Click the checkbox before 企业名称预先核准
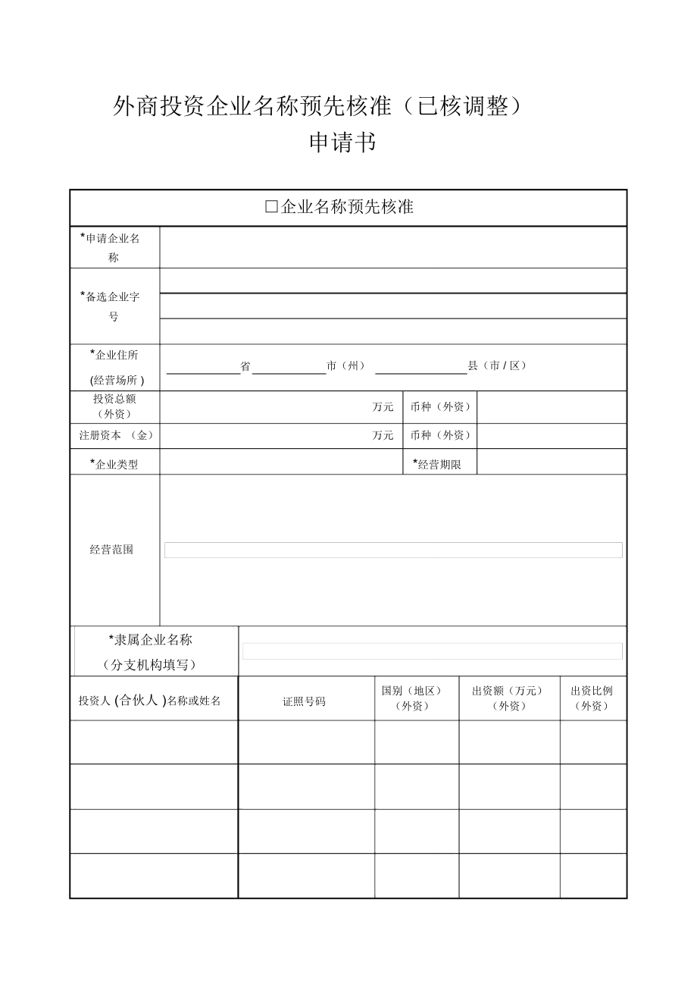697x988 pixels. [272, 207]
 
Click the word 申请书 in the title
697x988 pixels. [342, 143]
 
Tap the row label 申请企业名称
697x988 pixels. [113, 247]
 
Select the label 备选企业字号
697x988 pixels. [113, 306]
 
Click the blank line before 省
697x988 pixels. [203, 367]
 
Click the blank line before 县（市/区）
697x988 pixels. [421, 367]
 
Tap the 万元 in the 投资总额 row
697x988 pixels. [383, 407]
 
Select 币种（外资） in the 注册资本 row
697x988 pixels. [440, 435]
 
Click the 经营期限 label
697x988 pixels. [438, 464]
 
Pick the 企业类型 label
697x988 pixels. [115, 464]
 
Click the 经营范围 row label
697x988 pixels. [111, 550]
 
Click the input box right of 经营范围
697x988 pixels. [393, 550]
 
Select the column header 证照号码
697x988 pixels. [305, 701]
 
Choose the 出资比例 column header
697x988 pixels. [592, 698]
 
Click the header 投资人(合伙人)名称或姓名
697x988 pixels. [150, 701]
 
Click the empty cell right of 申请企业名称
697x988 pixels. [392, 247]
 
